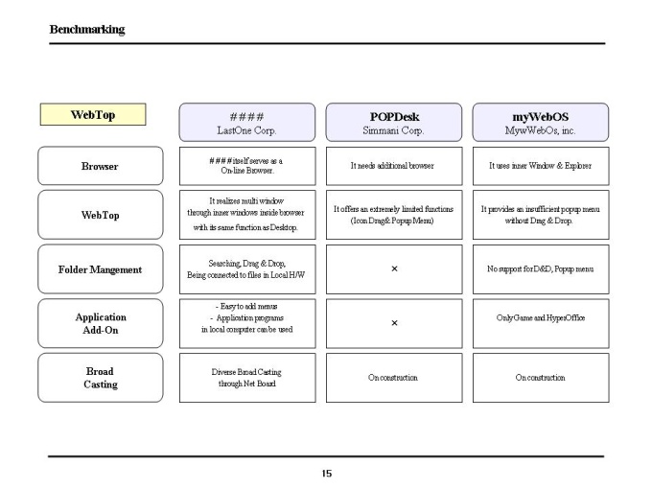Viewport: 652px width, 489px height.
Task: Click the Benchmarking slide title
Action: [87, 30]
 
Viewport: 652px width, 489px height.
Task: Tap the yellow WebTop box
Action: [93, 114]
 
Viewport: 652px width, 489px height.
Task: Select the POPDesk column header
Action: [394, 123]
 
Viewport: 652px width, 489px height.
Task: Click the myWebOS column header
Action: [541, 123]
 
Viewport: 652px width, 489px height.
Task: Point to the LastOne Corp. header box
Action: [247, 123]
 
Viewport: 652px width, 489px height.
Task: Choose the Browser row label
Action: [101, 166]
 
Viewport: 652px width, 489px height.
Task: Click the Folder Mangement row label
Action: [101, 269]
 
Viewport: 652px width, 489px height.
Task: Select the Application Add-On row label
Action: [101, 323]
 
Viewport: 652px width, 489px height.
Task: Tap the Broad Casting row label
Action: [101, 378]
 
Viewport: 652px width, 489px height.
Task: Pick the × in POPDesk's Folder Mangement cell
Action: [394, 268]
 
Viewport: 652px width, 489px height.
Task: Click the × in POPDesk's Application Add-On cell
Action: [394, 323]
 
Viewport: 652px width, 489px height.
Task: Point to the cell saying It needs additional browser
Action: [394, 166]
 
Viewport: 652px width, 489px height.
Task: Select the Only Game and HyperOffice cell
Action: [541, 323]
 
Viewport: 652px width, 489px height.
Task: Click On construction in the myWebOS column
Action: [541, 378]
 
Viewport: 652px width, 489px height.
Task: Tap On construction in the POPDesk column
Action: [394, 378]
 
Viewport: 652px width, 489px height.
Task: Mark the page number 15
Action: [326, 474]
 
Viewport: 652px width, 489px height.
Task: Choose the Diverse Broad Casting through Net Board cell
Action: [247, 378]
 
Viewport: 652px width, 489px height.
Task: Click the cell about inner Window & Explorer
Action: [541, 166]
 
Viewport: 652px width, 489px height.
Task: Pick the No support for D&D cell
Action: [541, 269]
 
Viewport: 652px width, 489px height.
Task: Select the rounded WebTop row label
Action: [101, 215]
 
